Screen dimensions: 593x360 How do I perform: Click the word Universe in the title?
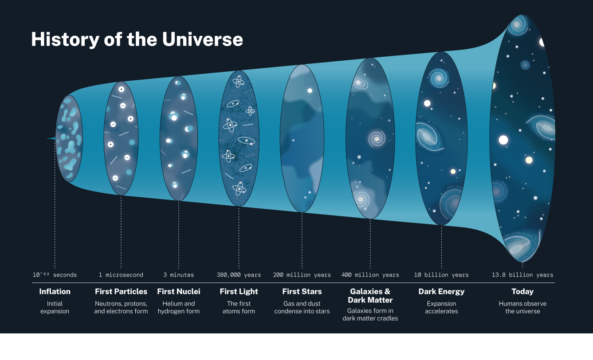click(203, 39)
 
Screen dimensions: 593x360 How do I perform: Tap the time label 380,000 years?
click(239, 275)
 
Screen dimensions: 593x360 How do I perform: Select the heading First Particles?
click(121, 291)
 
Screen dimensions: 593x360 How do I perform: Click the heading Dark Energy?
click(441, 292)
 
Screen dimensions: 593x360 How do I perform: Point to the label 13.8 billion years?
click(522, 275)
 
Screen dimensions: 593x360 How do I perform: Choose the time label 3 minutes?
click(178, 275)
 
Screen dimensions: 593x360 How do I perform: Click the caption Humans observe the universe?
click(522, 307)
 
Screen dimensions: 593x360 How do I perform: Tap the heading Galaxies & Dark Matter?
click(370, 296)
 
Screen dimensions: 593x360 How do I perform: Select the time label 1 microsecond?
click(121, 275)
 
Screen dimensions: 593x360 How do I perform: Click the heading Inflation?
click(55, 291)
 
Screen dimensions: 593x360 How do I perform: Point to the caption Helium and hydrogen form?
click(179, 307)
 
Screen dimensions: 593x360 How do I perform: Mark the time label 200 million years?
click(302, 275)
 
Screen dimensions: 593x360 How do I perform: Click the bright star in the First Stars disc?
click(310, 90)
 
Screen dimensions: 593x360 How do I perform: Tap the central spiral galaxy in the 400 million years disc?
click(377, 138)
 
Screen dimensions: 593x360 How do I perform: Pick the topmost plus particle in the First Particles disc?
click(121, 89)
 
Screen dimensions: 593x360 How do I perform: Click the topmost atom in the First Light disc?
click(238, 82)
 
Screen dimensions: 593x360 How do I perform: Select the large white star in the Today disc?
click(503, 140)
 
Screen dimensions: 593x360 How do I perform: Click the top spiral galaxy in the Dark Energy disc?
click(439, 78)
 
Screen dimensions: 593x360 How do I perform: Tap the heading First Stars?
click(302, 291)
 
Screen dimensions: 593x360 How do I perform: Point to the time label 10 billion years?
click(441, 275)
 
